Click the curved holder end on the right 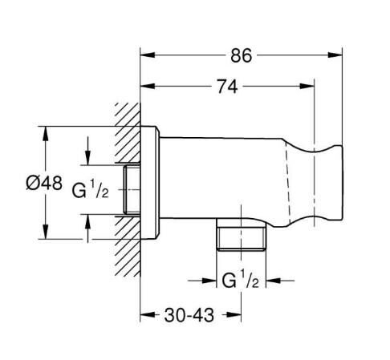point(324,181)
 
